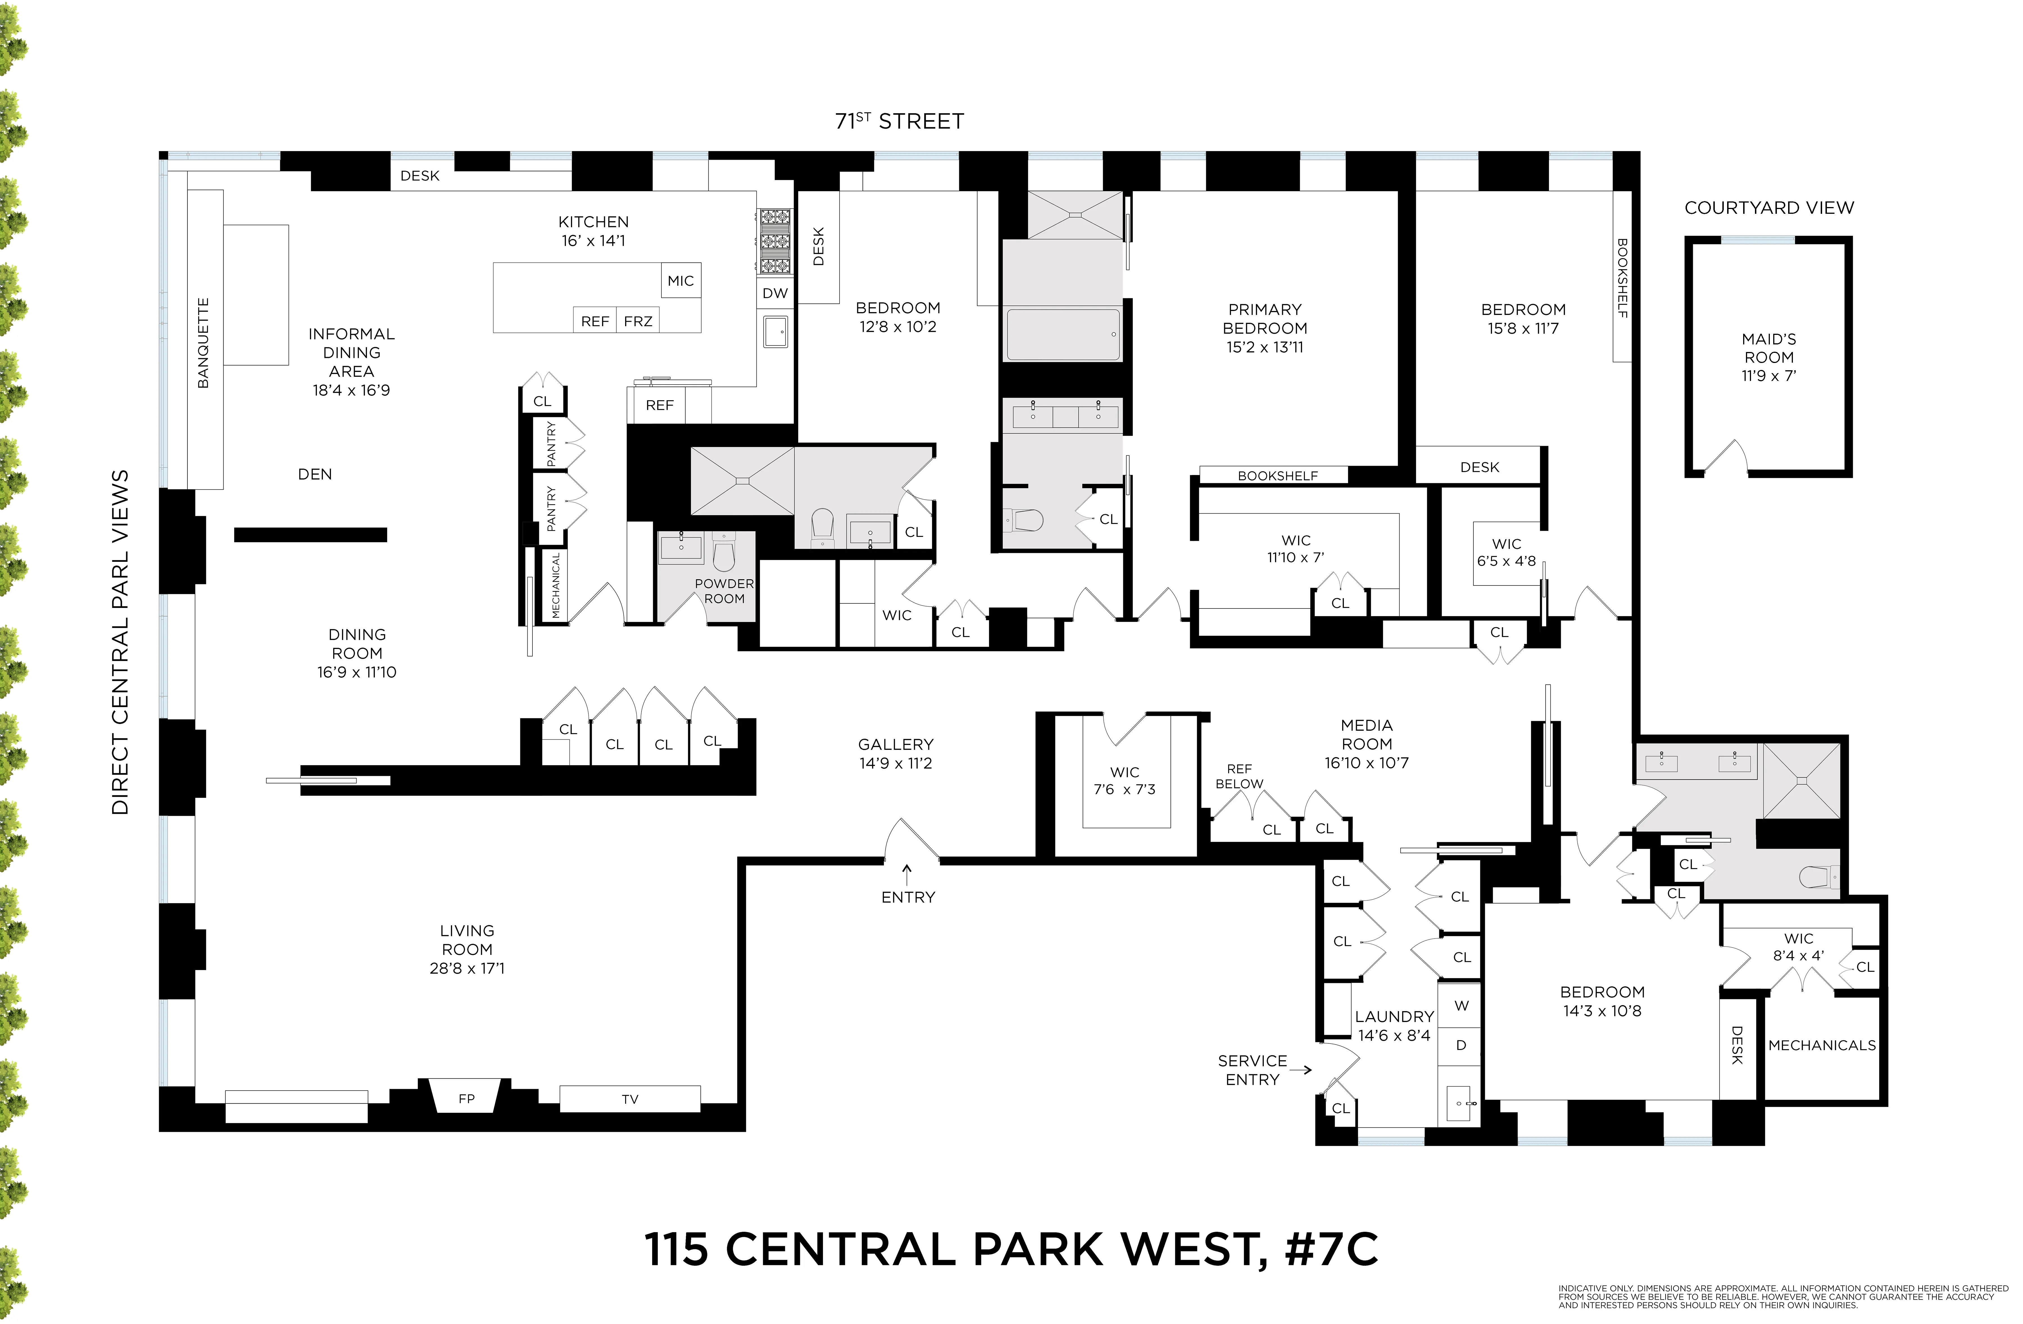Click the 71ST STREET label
click(899, 122)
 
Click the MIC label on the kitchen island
click(680, 280)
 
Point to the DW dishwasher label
click(774, 293)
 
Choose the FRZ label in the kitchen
click(638, 321)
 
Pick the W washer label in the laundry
click(1461, 1005)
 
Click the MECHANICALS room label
click(1822, 1045)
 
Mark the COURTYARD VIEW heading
click(1769, 208)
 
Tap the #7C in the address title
click(1331, 1248)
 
